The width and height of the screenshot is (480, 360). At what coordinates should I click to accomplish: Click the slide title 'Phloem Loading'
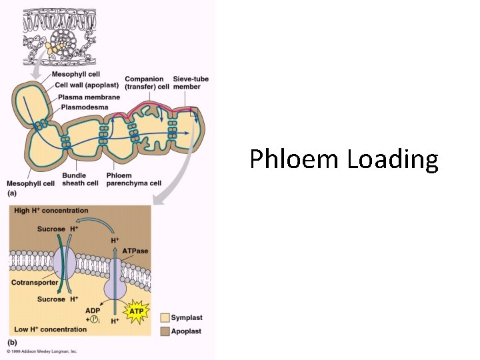344,160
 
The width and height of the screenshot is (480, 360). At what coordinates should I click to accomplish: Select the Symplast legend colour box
164,318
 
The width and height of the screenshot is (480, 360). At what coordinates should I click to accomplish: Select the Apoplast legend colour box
164,331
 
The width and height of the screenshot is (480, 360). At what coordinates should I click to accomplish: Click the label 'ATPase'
135,251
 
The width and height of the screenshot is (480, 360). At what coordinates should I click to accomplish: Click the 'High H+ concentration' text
51,211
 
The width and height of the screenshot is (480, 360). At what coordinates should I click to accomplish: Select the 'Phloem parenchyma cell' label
138,179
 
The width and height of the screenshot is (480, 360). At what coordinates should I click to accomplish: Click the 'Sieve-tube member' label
191,83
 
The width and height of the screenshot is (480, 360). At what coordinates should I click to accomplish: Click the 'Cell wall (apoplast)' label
87,85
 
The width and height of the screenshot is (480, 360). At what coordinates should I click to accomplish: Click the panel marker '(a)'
11,193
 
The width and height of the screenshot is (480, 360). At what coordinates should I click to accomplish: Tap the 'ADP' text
93,310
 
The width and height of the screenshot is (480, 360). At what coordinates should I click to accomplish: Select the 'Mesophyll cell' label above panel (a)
77,75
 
